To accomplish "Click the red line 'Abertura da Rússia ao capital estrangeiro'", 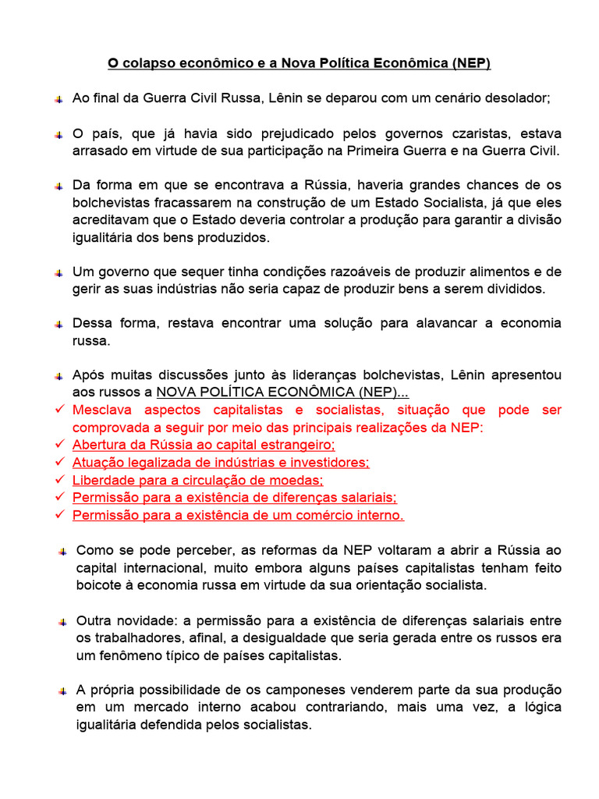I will tap(204, 445).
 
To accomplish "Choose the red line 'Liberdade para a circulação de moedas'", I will tap(197, 480).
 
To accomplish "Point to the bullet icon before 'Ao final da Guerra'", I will tap(59, 99).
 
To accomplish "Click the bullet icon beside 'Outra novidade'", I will tap(62, 622).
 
